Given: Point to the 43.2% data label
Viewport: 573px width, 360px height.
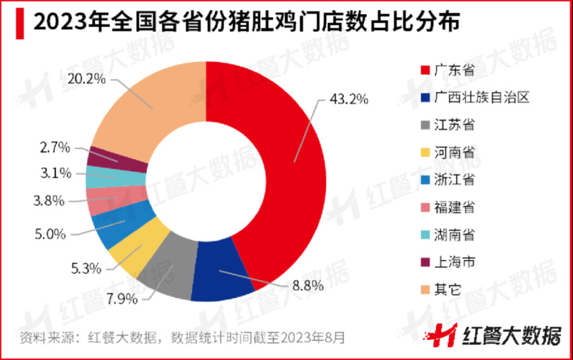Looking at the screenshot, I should pos(349,99).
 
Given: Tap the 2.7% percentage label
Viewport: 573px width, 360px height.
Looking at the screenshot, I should pos(53,145).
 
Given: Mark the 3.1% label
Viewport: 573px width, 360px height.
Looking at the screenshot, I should pos(53,173).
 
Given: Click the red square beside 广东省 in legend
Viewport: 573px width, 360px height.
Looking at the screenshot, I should pos(424,70).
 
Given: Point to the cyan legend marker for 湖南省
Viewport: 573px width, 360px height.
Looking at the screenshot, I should pos(424,235).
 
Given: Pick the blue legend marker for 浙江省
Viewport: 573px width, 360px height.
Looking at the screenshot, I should pos(424,180).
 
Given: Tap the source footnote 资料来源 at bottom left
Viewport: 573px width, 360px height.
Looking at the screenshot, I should pos(182,336).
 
